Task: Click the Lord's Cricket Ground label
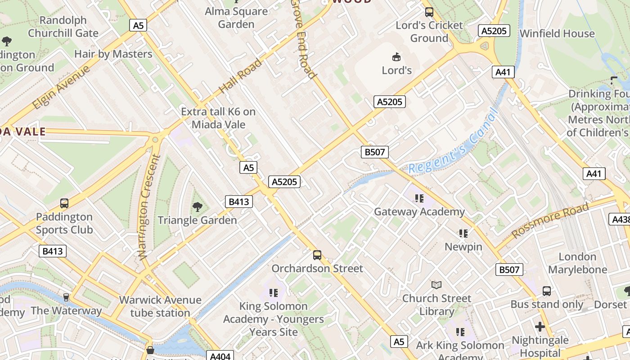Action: click(429, 31)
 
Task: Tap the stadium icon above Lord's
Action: click(396, 57)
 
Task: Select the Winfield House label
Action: click(557, 34)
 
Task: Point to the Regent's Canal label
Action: click(453, 141)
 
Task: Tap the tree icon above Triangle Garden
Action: click(197, 207)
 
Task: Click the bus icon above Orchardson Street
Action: click(317, 255)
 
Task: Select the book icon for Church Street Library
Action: click(436, 285)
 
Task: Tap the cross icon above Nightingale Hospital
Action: click(540, 326)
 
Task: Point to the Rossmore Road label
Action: click(550, 220)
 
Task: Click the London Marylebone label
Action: click(577, 263)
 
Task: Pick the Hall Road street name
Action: click(240, 76)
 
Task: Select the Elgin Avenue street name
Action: click(61, 87)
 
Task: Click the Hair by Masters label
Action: click(113, 54)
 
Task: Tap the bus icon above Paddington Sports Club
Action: click(64, 203)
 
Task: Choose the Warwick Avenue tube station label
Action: click(160, 306)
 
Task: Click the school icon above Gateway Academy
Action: click(419, 198)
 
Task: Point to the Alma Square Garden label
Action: click(236, 18)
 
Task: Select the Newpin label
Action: click(463, 247)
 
